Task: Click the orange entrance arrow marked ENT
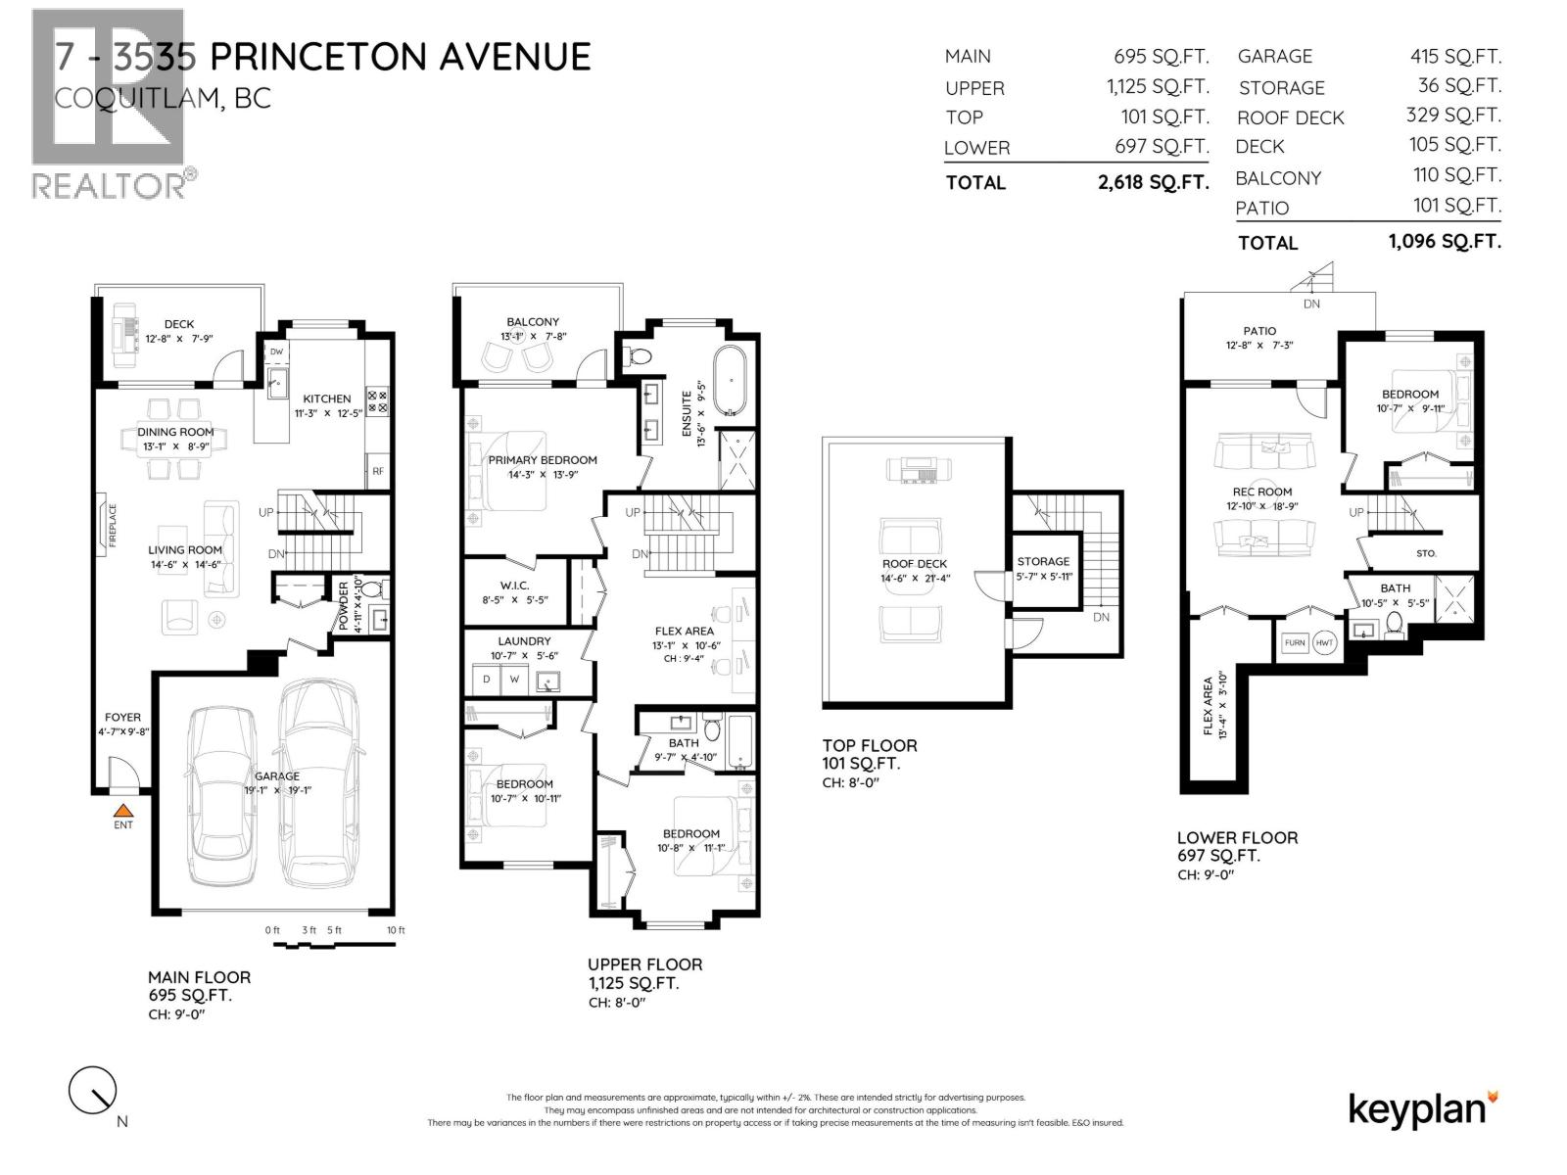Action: click(122, 811)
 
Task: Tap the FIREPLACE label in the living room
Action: click(113, 525)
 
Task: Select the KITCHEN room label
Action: click(327, 399)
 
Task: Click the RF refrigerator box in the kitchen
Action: click(378, 471)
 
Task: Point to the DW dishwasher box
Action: click(276, 352)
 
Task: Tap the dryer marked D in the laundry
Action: click(487, 680)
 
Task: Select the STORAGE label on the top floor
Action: click(1043, 561)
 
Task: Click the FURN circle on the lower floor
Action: click(1295, 642)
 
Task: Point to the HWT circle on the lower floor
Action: click(1325, 642)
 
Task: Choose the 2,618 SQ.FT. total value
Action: click(1153, 182)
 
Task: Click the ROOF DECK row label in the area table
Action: click(1290, 118)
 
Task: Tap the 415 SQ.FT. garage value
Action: click(1454, 57)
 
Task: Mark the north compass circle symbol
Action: click(92, 1090)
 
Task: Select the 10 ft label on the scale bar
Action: click(396, 930)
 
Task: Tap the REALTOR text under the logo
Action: click(109, 184)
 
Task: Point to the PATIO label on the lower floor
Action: click(1259, 331)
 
